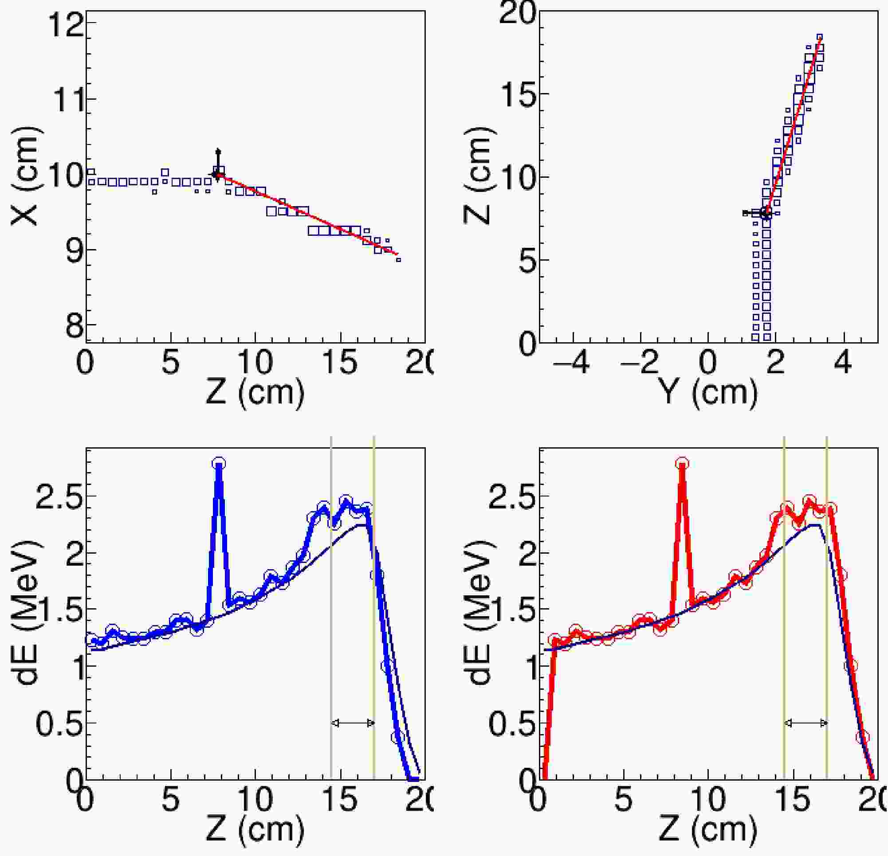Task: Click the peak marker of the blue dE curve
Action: tap(219, 463)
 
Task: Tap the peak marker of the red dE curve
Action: tap(682, 463)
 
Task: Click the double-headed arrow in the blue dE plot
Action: tap(353, 723)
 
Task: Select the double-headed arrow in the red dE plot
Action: tap(805, 723)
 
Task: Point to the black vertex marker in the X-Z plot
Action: tap(216, 174)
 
